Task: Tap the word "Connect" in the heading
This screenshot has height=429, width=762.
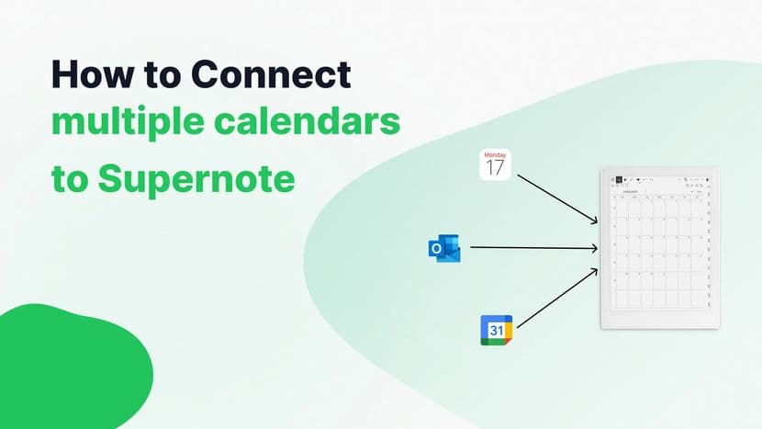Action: [275, 74]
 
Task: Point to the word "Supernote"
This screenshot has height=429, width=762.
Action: [196, 178]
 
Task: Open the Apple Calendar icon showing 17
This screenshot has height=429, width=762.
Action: [495, 164]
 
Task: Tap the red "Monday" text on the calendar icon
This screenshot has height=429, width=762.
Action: [495, 154]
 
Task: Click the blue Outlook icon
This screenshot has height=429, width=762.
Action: [445, 247]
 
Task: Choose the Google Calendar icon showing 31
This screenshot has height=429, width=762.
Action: [496, 330]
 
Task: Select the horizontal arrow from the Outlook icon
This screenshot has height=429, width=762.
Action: [532, 247]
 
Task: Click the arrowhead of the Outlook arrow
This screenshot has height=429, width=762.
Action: [595, 247]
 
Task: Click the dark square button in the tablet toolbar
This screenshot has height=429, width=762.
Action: [619, 181]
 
